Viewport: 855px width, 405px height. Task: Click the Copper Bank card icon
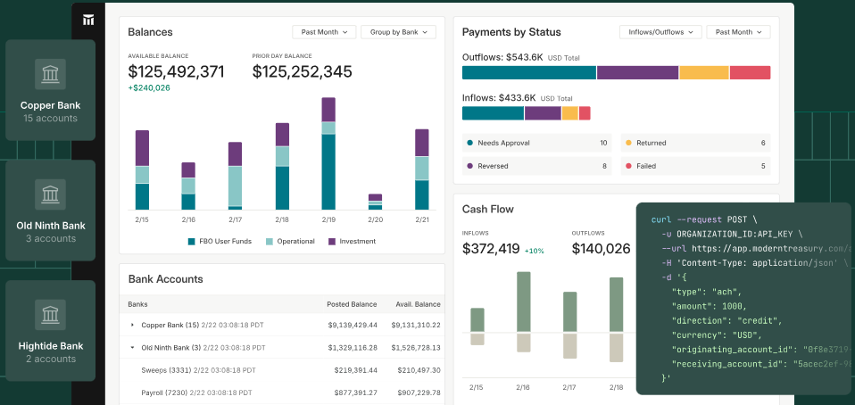(x=51, y=74)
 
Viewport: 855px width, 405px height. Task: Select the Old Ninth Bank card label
(x=51, y=226)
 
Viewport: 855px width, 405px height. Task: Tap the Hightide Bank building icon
(x=51, y=315)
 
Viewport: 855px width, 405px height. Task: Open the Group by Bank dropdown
(x=398, y=32)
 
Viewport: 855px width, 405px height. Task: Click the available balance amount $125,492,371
(x=176, y=71)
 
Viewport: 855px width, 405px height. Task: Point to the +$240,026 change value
(x=149, y=88)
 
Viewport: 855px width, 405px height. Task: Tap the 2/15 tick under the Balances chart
(x=142, y=219)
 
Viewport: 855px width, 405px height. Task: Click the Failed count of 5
(x=763, y=166)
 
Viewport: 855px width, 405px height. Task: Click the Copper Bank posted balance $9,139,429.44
(x=352, y=326)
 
